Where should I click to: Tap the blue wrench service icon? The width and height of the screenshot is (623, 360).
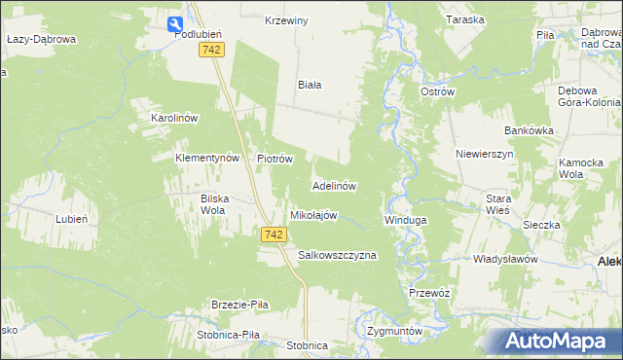click(174, 25)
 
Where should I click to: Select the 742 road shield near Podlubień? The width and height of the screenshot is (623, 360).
click(211, 50)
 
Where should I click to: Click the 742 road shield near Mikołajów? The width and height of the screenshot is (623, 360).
click(274, 234)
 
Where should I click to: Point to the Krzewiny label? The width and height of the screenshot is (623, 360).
click(287, 20)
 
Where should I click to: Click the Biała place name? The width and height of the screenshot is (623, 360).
click(310, 85)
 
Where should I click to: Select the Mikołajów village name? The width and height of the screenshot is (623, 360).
click(313, 215)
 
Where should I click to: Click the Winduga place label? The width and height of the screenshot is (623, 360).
click(405, 221)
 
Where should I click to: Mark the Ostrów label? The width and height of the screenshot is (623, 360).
click(437, 91)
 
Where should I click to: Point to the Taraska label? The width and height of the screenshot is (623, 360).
click(464, 20)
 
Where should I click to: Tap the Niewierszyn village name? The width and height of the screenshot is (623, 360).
click(484, 154)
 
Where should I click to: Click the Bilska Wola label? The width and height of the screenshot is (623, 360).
click(213, 203)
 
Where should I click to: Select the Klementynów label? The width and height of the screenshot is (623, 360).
click(206, 158)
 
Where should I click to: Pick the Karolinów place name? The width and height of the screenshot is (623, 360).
click(174, 118)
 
